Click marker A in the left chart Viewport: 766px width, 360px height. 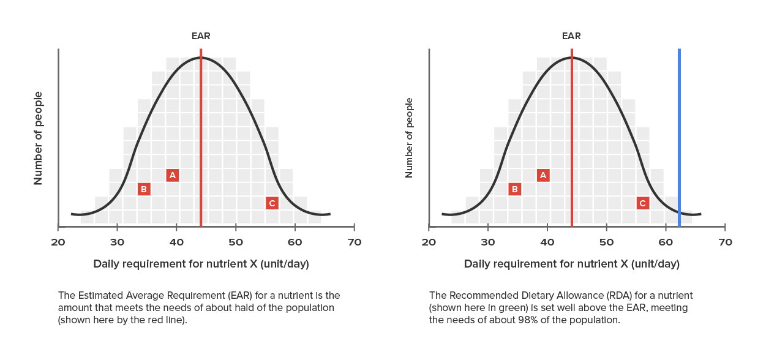(x=173, y=176)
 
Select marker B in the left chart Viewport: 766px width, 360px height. (x=144, y=189)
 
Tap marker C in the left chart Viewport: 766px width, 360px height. (x=272, y=203)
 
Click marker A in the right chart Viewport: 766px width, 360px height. (x=543, y=176)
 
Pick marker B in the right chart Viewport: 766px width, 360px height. (x=515, y=189)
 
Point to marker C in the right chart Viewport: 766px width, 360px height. (x=643, y=203)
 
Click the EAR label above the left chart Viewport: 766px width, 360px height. (x=201, y=36)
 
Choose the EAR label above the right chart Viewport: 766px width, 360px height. (x=572, y=36)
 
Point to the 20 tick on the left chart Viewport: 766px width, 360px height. (x=58, y=242)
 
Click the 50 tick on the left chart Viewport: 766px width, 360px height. (x=236, y=242)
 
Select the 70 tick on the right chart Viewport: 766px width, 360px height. (x=725, y=242)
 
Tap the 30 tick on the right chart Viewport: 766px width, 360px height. (x=488, y=242)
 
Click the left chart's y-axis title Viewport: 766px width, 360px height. (x=38, y=138)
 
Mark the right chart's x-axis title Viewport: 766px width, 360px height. (x=572, y=264)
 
